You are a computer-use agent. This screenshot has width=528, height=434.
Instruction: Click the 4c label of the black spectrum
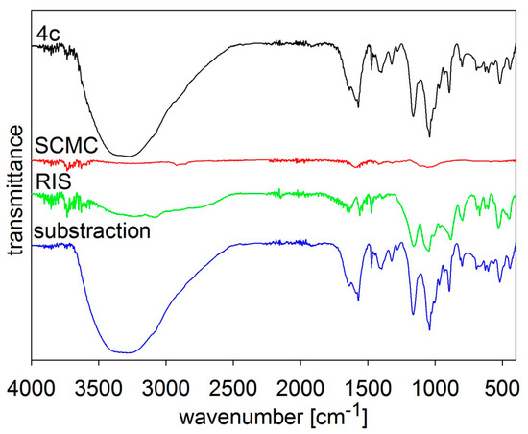pos(48,35)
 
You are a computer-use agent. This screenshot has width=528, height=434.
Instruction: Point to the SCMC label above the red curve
pos(60,146)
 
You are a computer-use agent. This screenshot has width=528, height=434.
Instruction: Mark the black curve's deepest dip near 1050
pos(429,136)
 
